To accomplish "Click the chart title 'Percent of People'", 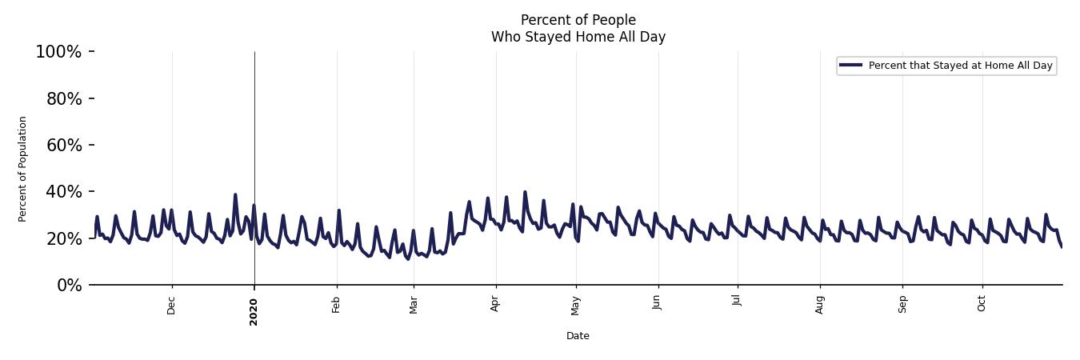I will pyautogui.click(x=578, y=20).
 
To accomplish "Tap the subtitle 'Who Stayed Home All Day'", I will pyautogui.click(x=578, y=37).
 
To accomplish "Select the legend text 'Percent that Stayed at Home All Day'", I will pyautogui.click(x=960, y=66).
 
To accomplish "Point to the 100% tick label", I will pyautogui.click(x=58, y=52).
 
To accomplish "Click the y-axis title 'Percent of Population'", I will pyautogui.click(x=23, y=169).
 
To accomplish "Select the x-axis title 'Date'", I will pyautogui.click(x=578, y=336).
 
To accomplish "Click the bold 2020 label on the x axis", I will pyautogui.click(x=254, y=311).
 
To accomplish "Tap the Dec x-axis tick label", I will pyautogui.click(x=172, y=306).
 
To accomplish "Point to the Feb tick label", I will pyautogui.click(x=337, y=306).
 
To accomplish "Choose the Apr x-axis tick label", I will pyautogui.click(x=496, y=305).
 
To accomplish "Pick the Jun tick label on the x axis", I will pyautogui.click(x=657, y=304).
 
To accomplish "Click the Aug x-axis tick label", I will pyautogui.click(x=820, y=305).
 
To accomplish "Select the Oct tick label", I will pyautogui.click(x=982, y=305).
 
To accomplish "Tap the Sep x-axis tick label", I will pyautogui.click(x=903, y=305).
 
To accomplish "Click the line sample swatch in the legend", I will pyautogui.click(x=851, y=66).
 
